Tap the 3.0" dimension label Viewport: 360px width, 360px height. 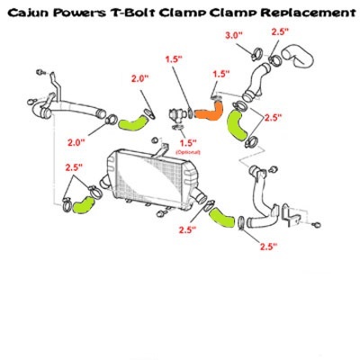(x=234, y=35)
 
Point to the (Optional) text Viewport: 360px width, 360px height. (x=188, y=152)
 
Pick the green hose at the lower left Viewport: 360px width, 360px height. (x=84, y=204)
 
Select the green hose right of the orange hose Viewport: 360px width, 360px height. (x=237, y=125)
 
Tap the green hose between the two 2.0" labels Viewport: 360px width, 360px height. (x=133, y=124)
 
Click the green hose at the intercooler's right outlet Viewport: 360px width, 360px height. (x=221, y=218)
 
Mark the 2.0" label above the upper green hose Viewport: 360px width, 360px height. (x=139, y=78)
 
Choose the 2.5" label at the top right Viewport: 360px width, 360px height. (x=280, y=31)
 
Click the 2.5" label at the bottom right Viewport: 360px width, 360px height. (x=268, y=247)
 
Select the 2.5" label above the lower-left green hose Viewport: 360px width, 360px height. (x=74, y=167)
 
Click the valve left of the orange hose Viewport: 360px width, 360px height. (x=176, y=116)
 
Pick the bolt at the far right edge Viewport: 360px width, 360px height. (x=316, y=224)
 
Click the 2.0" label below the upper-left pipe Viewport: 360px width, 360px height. (x=76, y=142)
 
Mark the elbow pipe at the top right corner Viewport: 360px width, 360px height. (x=299, y=56)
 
